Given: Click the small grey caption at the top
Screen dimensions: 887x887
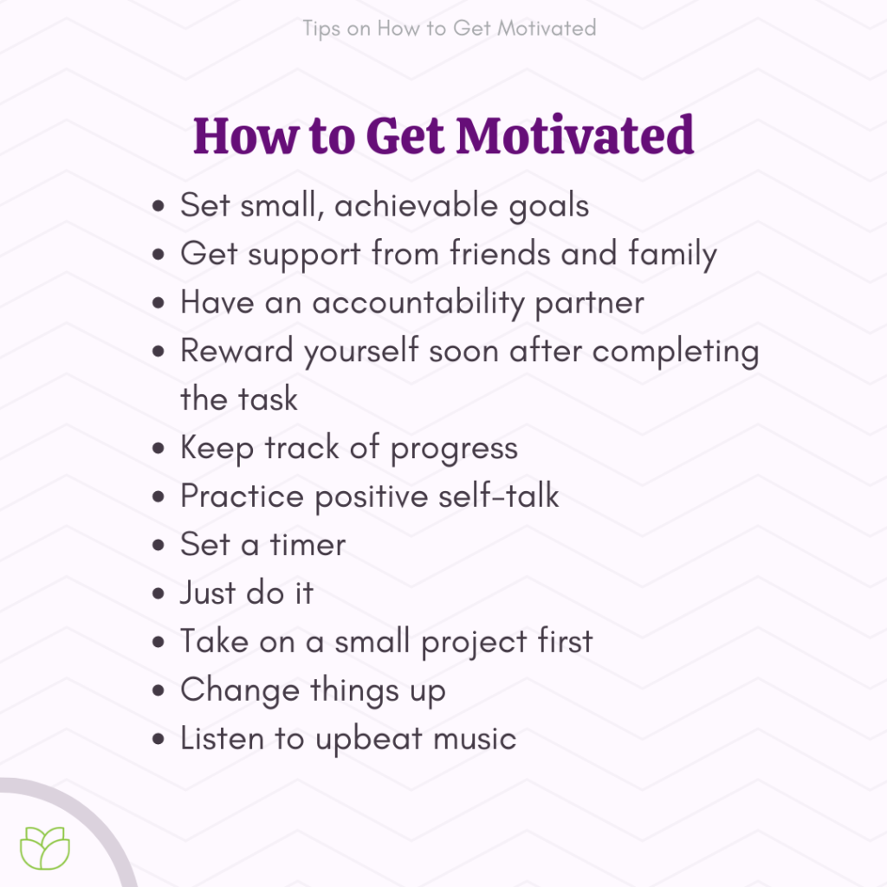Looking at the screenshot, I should tap(450, 28).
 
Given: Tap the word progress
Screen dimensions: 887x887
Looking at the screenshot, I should tap(454, 449).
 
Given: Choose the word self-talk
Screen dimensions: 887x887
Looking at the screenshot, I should tap(498, 496).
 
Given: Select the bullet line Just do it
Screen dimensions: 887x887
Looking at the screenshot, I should tap(246, 593).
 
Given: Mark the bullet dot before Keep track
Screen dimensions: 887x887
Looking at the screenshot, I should tap(159, 450).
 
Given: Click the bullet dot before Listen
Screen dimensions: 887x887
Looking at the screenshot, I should tap(159, 740).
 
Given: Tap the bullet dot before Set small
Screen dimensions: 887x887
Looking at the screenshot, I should tap(159, 207).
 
